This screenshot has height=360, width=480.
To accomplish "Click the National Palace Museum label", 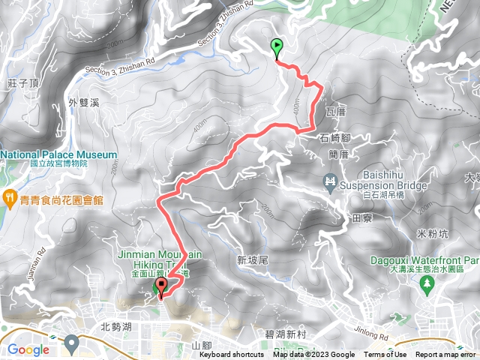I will [x=59, y=155].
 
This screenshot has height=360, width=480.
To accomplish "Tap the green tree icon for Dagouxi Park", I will [x=427, y=284].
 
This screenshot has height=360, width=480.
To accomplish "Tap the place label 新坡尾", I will [x=252, y=260].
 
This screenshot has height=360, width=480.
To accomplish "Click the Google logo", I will [x=28, y=349].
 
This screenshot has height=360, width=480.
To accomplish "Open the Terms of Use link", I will [x=385, y=355].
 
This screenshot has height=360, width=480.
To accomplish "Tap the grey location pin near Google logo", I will [x=72, y=344].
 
